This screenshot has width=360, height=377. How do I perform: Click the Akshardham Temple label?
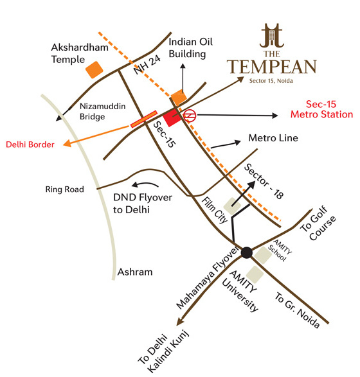[77, 53]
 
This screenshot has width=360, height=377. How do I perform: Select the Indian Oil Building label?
[187, 48]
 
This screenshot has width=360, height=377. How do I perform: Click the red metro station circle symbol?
[189, 116]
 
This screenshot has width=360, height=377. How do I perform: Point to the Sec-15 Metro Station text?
[322, 109]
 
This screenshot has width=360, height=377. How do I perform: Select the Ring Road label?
[61, 189]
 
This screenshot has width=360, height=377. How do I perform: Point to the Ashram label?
[135, 272]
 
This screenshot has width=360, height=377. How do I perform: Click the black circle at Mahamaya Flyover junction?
[246, 253]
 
